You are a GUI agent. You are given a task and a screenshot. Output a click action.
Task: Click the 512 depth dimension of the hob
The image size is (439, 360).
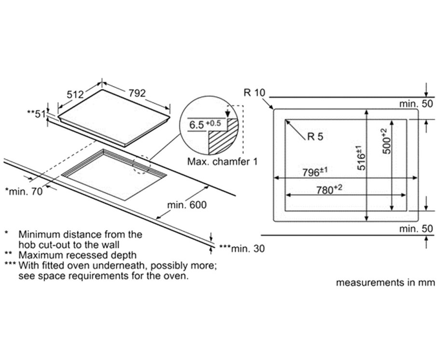click(75, 94)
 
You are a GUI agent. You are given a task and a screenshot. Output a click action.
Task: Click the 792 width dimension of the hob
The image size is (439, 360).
click(137, 93)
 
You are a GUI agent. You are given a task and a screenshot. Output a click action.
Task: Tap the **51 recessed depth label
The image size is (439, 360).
click(36, 114)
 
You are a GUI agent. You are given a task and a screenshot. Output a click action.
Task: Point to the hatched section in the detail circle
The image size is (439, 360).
click(223, 139)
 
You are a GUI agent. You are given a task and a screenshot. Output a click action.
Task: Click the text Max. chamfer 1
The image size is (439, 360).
click(222, 161)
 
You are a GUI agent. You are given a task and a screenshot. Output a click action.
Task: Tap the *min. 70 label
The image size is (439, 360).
click(24, 191)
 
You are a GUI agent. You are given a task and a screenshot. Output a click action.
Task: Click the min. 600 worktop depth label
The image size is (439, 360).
click(187, 205)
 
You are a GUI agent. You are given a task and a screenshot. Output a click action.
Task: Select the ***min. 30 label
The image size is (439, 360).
click(242, 248)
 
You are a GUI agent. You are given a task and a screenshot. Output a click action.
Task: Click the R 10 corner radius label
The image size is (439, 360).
click(254, 93)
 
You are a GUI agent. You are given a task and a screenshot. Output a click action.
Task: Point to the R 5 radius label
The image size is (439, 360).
click(315, 136)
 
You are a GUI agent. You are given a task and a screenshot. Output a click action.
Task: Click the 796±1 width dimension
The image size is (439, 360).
click(315, 172)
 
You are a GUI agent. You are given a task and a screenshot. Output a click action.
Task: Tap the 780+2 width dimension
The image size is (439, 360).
click(329, 189)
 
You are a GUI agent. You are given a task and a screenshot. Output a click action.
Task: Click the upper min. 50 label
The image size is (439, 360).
click(416, 104)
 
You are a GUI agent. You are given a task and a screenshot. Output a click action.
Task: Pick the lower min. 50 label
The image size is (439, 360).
click(416, 229)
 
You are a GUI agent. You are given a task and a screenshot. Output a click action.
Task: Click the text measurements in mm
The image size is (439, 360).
click(385, 282)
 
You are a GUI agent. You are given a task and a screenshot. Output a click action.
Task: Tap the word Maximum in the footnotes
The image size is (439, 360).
click(39, 255)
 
